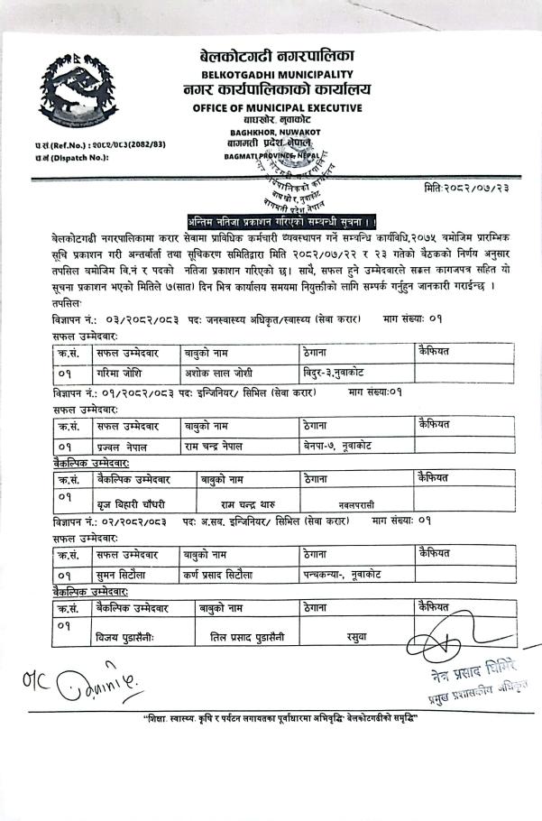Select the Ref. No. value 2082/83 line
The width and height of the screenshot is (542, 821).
pos(98,144)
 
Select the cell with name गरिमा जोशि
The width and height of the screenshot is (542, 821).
pos(125,371)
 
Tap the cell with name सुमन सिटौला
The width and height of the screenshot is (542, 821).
pos(125,574)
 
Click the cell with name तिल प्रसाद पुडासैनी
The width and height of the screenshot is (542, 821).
pos(242,638)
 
